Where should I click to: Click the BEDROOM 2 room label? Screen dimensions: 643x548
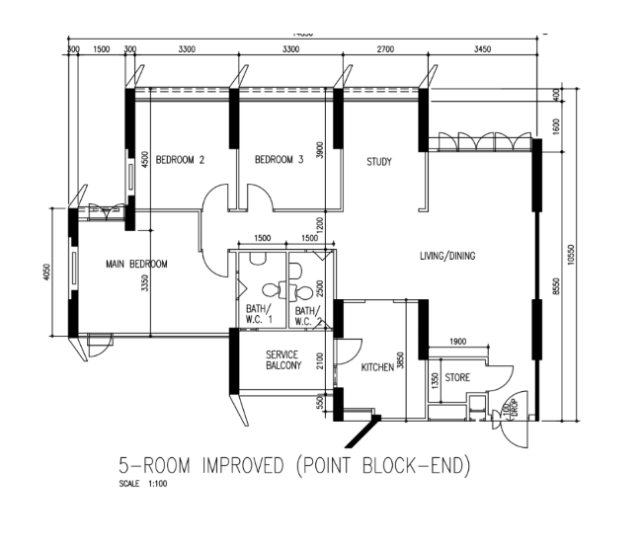click(180, 159)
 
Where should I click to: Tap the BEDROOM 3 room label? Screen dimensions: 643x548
click(279, 159)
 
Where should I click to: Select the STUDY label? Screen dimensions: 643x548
click(379, 161)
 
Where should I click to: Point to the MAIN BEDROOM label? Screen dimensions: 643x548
click(137, 264)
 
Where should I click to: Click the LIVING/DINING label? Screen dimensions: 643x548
click(446, 256)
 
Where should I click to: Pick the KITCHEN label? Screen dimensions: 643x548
click(377, 366)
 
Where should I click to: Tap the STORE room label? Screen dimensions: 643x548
click(457, 377)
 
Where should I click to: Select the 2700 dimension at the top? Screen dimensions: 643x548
click(385, 48)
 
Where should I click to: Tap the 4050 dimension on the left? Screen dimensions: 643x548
click(46, 271)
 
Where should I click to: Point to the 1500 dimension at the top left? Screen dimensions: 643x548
click(101, 48)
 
